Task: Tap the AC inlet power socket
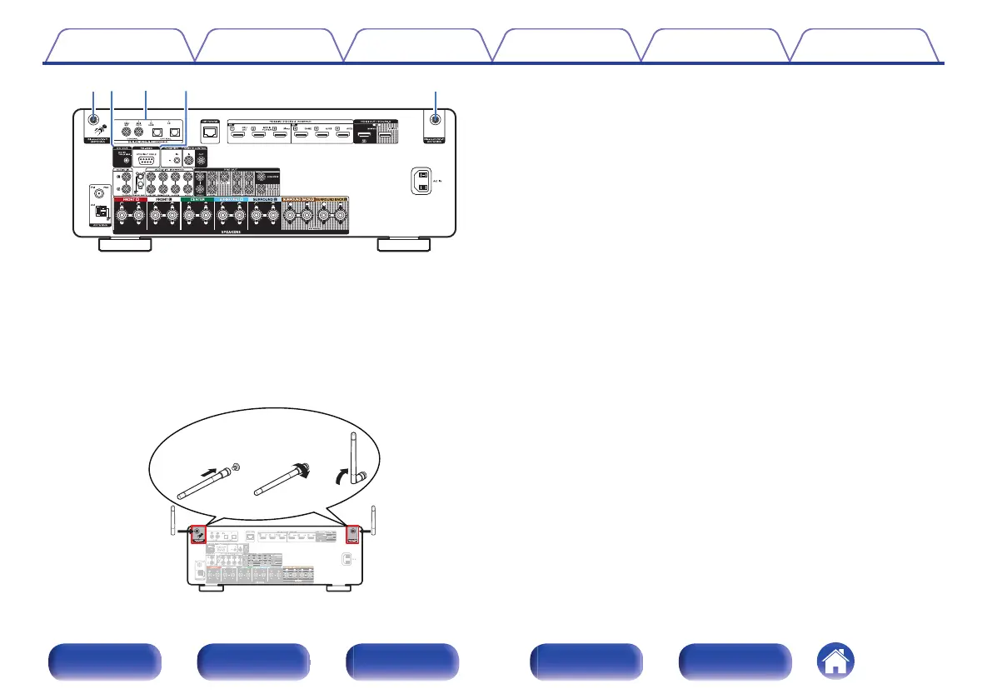(423, 182)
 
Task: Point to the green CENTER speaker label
(197, 201)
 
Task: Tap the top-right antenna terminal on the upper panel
(435, 118)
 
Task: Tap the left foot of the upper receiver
(125, 245)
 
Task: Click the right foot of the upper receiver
(404, 245)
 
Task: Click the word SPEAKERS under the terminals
(231, 235)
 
